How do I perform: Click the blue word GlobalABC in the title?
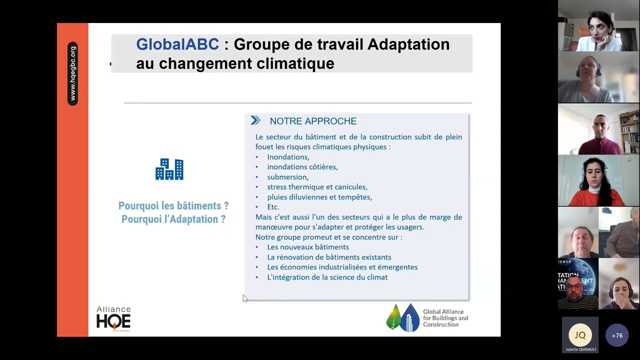[177, 44]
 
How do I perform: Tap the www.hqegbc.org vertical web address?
[73, 73]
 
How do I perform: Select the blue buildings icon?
[169, 169]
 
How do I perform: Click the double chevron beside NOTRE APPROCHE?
[255, 120]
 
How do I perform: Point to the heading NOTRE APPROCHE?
[313, 121]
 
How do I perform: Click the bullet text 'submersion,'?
[287, 177]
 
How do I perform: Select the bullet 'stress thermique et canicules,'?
[317, 187]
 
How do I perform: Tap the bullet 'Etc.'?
[273, 207]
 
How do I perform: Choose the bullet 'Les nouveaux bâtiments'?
[308, 247]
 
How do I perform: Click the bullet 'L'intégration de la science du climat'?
[327, 277]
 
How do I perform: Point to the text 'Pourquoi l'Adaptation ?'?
[173, 219]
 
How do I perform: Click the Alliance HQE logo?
[113, 319]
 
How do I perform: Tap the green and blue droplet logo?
[403, 317]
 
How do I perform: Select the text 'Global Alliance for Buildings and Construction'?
[445, 318]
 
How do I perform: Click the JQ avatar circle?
[580, 335]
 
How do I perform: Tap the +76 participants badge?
[617, 335]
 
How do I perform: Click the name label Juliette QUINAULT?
[581, 349]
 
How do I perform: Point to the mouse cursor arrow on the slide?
[245, 298]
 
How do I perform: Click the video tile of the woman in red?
[598, 180]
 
